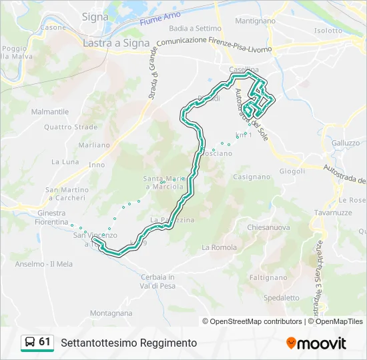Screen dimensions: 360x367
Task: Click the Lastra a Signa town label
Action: tap(116, 43)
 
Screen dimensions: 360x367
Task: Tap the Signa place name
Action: tap(95, 16)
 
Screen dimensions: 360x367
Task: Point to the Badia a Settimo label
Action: tap(195, 29)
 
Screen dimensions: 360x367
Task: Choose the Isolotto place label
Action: tap(328, 31)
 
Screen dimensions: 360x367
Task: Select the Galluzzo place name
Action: tap(345, 143)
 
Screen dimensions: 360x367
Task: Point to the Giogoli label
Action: tap(292, 171)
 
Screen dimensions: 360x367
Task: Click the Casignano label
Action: tap(252, 177)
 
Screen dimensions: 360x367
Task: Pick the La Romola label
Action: tap(219, 247)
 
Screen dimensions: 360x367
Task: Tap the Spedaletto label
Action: tap(281, 298)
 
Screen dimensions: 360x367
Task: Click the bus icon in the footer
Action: tap(30, 343)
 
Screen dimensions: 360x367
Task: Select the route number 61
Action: tap(45, 342)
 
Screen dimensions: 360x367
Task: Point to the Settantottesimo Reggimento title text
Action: tap(129, 343)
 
